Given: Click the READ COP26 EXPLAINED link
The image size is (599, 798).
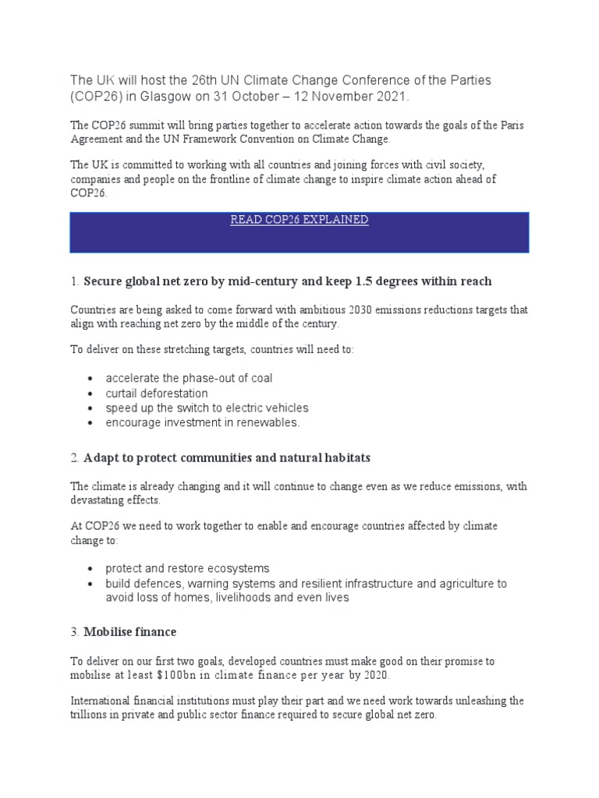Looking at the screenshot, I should tap(299, 221).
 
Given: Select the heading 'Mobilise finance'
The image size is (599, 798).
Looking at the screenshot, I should tap(130, 632).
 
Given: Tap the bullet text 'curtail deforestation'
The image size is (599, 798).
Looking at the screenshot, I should tap(157, 394).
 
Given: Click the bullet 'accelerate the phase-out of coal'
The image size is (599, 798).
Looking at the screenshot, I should tap(189, 378).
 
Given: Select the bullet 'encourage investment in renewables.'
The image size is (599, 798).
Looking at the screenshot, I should tap(202, 422).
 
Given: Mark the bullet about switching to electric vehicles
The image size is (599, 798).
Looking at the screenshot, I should tap(207, 408).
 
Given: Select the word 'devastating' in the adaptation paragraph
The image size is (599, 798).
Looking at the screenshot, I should tap(100, 500).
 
